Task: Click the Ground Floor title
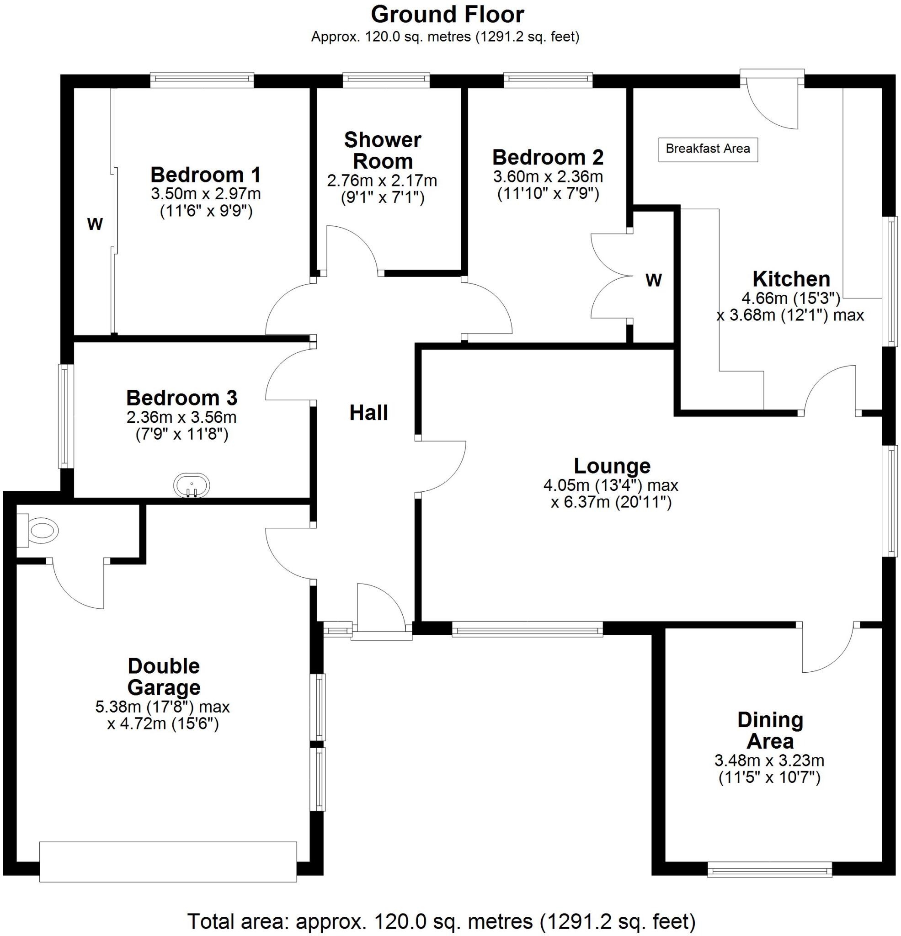(447, 15)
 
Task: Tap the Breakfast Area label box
(708, 149)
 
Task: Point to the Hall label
(368, 413)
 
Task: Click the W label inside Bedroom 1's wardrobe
(95, 223)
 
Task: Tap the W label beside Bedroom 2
(654, 280)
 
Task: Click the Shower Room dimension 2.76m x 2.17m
(382, 181)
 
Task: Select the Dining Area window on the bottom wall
(769, 870)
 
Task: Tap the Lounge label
(612, 466)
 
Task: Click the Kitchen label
(791, 279)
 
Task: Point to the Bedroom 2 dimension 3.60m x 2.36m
(548, 177)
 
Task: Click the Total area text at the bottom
(441, 920)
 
